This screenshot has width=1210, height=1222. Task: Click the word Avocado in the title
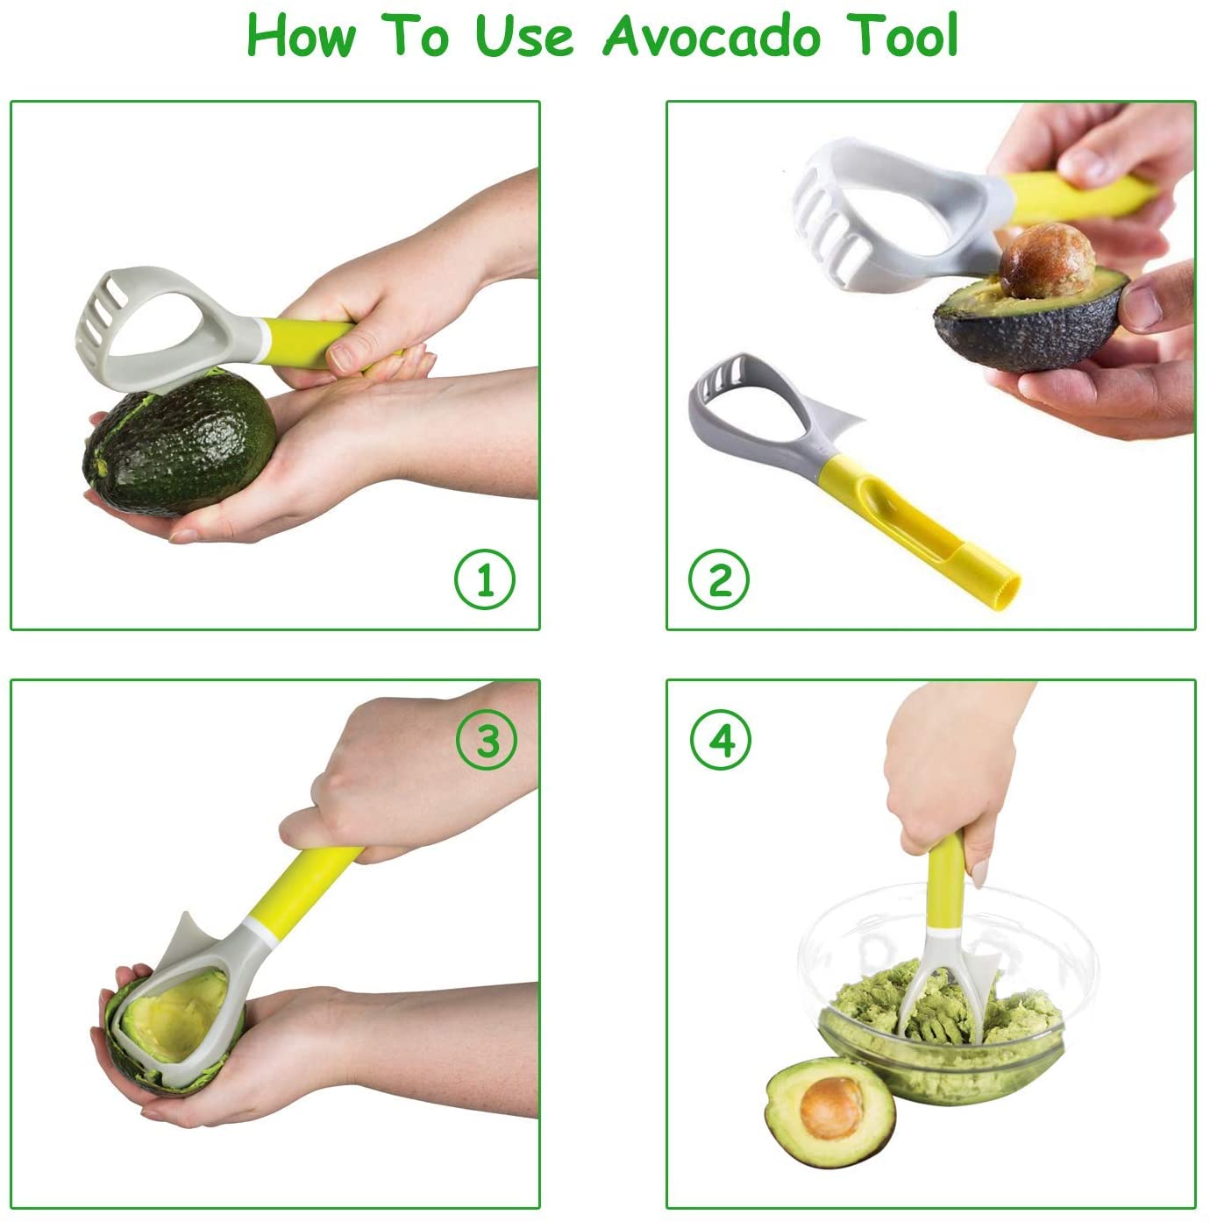[x=712, y=36]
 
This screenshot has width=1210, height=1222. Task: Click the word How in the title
[x=302, y=35]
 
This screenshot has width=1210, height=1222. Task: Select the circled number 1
[x=484, y=579]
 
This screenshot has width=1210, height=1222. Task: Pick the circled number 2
[x=719, y=579]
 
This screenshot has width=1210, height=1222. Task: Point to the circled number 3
[x=487, y=739]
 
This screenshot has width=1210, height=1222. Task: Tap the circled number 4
[x=721, y=739]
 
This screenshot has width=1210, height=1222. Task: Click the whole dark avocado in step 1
[x=180, y=442]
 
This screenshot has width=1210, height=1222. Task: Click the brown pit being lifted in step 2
[x=1046, y=260]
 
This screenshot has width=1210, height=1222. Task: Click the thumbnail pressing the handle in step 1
[x=341, y=359]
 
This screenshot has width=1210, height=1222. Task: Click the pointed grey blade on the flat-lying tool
[x=843, y=422]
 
